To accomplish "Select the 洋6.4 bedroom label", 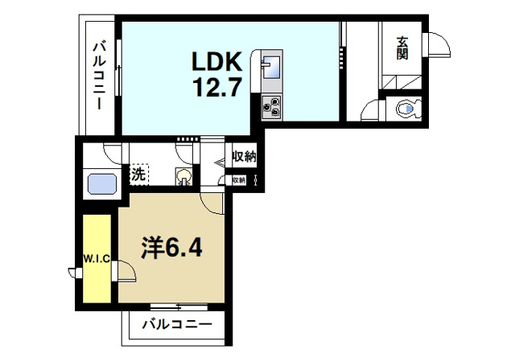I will pyautogui.click(x=171, y=247).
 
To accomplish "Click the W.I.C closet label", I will pyautogui.click(x=97, y=258).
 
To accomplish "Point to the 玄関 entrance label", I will pyautogui.click(x=402, y=48).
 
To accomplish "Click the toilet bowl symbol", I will pyautogui.click(x=410, y=109).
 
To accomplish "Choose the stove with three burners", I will pyautogui.click(x=270, y=105).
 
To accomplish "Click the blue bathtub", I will pyautogui.click(x=102, y=184).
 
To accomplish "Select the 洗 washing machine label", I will pyautogui.click(x=138, y=172).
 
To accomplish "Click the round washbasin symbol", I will pyautogui.click(x=185, y=175).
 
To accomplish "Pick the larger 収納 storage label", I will pyautogui.click(x=244, y=158).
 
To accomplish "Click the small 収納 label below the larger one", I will pyautogui.click(x=240, y=180).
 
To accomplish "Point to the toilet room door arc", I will pyautogui.click(x=372, y=110).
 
